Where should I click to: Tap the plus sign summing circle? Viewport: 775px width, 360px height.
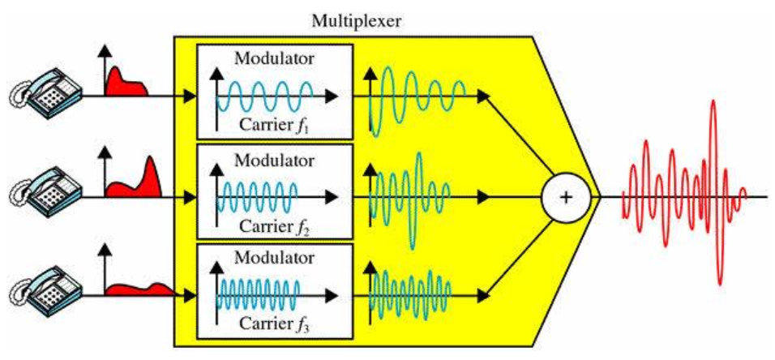coord(566,197)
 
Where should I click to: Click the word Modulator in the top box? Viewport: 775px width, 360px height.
coord(274,58)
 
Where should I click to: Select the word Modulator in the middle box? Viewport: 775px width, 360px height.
coord(274,158)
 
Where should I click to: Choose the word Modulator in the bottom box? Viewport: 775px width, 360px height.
coord(274,258)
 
